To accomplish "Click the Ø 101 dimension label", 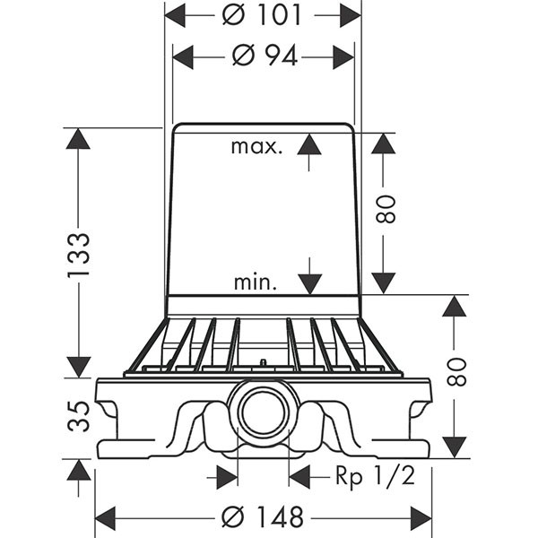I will (x=262, y=15).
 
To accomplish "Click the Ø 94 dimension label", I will (x=265, y=56).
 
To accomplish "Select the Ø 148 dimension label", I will (x=263, y=517).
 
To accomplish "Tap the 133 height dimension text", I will (x=79, y=253).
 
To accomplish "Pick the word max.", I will (x=256, y=146).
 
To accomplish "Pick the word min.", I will (x=256, y=283).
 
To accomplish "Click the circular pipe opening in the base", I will (x=263, y=412).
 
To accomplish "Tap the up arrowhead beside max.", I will (x=309, y=144).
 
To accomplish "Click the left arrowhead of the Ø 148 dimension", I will (x=107, y=517).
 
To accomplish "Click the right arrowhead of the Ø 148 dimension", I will (x=421, y=517).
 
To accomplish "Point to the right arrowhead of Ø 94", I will (x=343, y=56).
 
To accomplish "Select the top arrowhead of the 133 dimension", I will (x=79, y=140).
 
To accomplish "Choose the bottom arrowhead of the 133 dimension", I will (x=79, y=366).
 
